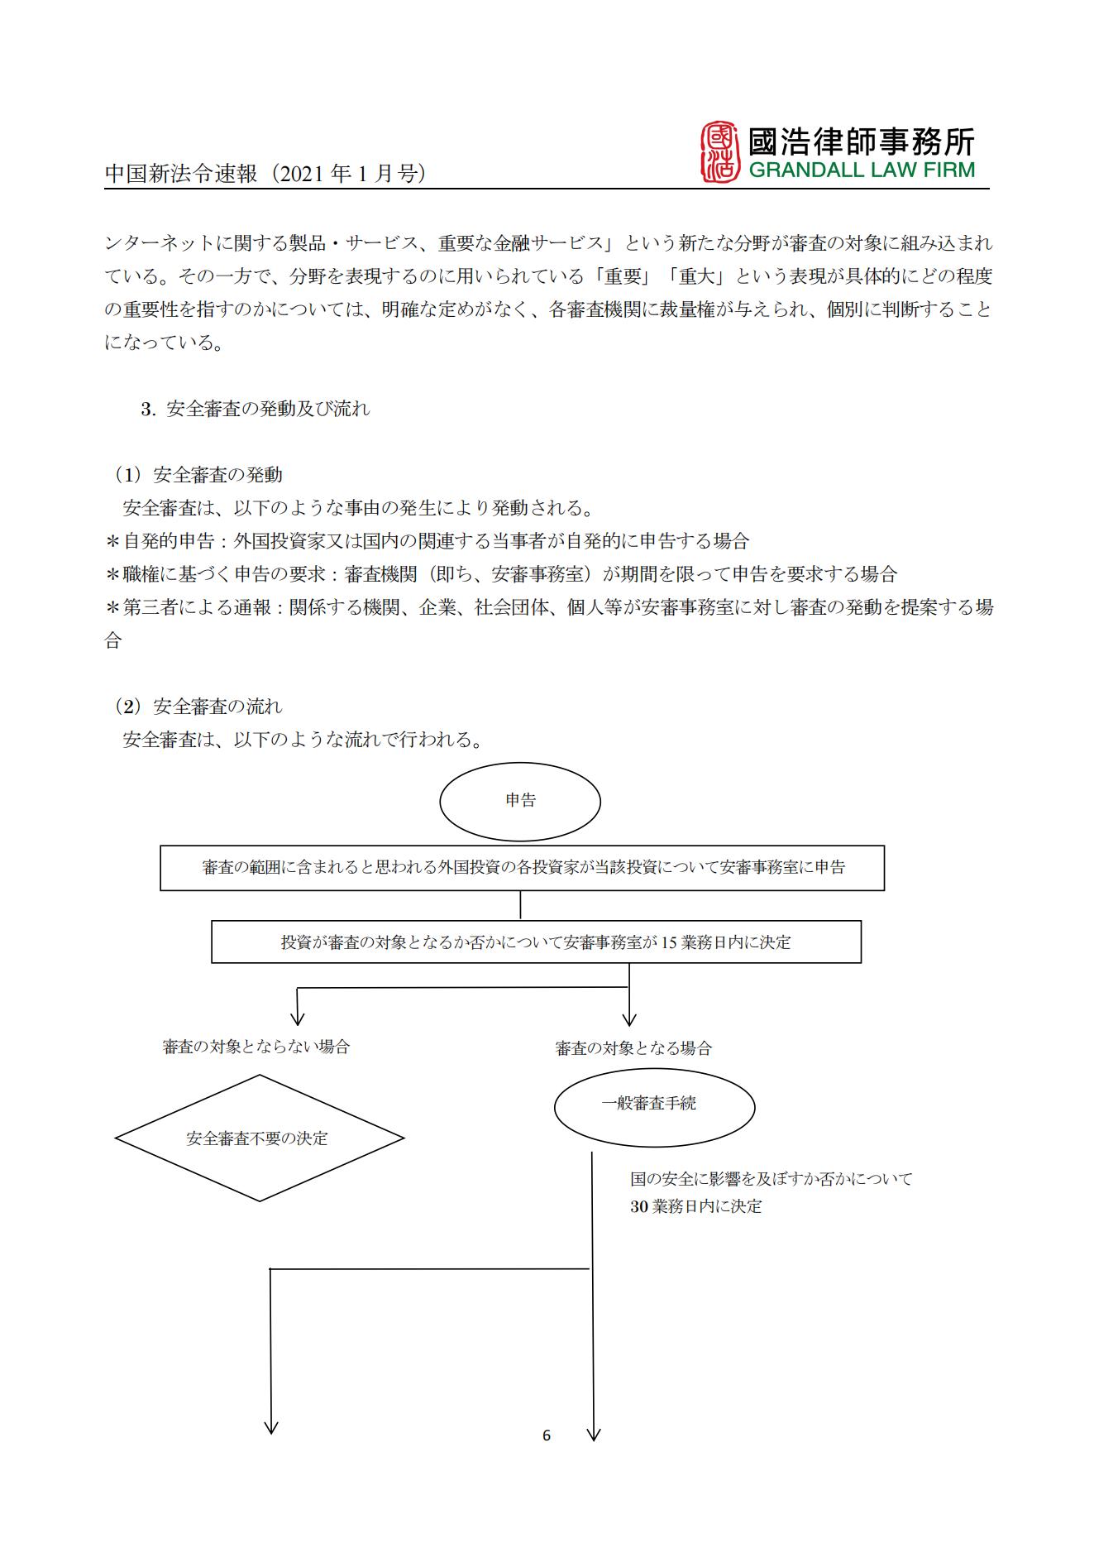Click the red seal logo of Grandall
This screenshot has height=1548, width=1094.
pos(719,152)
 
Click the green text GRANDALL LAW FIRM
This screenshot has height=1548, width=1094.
pos(862,170)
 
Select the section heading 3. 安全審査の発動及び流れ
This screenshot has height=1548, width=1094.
pos(256,409)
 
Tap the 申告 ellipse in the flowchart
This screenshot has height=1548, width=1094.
pos(520,801)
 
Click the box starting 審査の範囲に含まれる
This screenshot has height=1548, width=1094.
pos(522,868)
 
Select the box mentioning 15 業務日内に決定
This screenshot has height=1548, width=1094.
pos(536,942)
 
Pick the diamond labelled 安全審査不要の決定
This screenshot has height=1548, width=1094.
pos(258,1138)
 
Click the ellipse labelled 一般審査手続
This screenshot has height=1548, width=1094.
pos(654,1104)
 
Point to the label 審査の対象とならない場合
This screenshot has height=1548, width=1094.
pos(256,1047)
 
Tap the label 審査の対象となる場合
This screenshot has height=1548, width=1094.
pos(633,1048)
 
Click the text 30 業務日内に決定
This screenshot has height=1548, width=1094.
pos(695,1206)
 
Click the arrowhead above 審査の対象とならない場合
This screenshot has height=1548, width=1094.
pos(298,1018)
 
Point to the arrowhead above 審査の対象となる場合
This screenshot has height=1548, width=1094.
pos(629,1019)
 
